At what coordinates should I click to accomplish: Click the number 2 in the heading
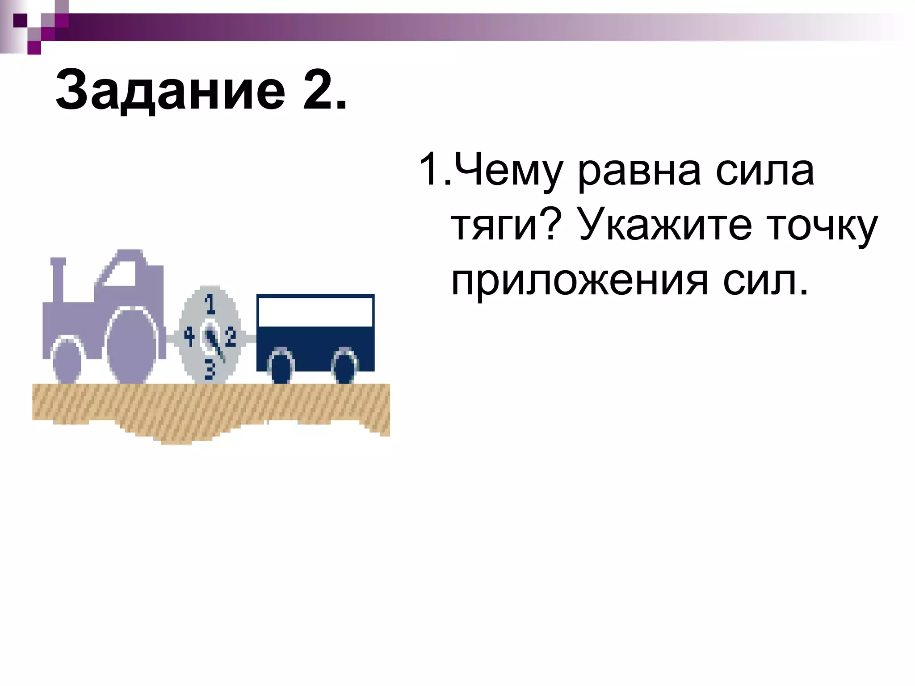click(x=318, y=91)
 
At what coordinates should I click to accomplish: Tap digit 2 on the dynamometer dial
click(x=231, y=337)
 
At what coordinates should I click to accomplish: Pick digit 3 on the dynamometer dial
click(x=210, y=370)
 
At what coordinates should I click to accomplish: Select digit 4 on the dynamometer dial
click(x=189, y=337)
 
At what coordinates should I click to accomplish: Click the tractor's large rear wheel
click(x=132, y=347)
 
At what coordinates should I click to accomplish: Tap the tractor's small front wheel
click(x=67, y=361)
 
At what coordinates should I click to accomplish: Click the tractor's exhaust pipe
click(x=58, y=279)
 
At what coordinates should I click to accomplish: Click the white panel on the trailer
click(x=315, y=312)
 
